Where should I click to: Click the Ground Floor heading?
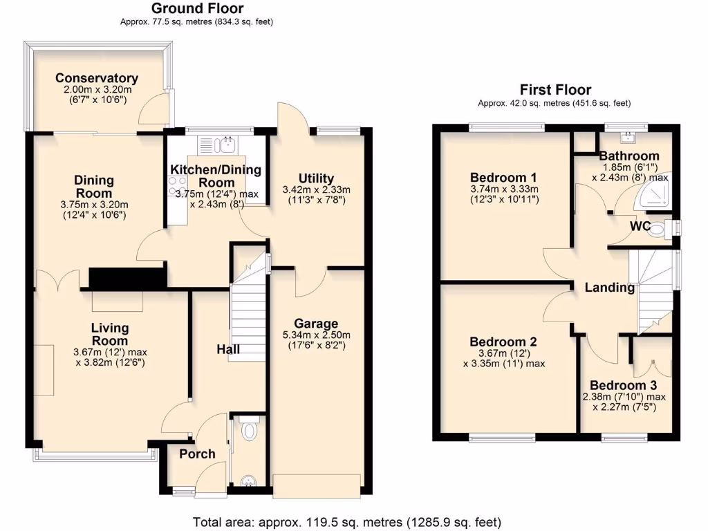(x=197, y=8)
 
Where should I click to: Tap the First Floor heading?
(x=555, y=90)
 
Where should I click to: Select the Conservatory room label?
(x=97, y=78)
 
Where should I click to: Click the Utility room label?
(x=317, y=178)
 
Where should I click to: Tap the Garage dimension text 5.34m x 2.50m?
(x=316, y=335)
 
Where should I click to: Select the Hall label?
(x=228, y=349)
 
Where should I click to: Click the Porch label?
(x=197, y=454)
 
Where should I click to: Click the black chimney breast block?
(x=128, y=278)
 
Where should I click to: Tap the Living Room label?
(x=111, y=334)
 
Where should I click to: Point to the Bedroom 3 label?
(x=624, y=385)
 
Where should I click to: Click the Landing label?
(x=609, y=288)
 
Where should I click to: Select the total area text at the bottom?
(x=346, y=521)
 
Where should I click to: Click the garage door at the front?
(x=317, y=485)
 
